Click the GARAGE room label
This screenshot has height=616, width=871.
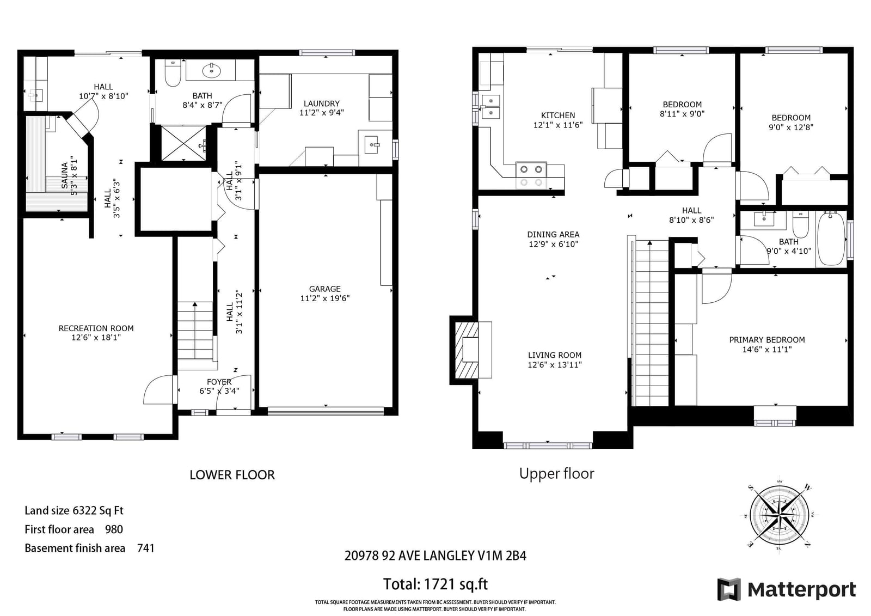pyautogui.click(x=324, y=289)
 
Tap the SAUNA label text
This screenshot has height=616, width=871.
pyautogui.click(x=65, y=175)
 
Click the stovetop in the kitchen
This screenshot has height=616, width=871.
pyautogui.click(x=531, y=175)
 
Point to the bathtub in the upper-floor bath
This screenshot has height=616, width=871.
pyautogui.click(x=831, y=239)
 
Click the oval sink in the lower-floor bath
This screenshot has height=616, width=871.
pyautogui.click(x=212, y=71)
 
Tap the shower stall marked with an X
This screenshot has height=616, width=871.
pyautogui.click(x=183, y=143)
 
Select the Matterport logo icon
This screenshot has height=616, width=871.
pyautogui.click(x=729, y=589)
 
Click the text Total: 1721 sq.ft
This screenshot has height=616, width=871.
pyautogui.click(x=435, y=584)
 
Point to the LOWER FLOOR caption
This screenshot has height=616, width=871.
pyautogui.click(x=232, y=475)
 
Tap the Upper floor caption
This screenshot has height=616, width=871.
pyautogui.click(x=556, y=474)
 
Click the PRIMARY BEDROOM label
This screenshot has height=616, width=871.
pyautogui.click(x=767, y=340)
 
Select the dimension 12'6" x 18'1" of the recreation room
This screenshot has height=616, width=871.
pyautogui.click(x=96, y=337)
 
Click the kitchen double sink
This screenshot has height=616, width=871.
pyautogui.click(x=490, y=107)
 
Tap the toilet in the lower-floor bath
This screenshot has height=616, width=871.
pyautogui.click(x=173, y=73)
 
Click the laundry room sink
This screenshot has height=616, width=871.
pyautogui.click(x=372, y=145)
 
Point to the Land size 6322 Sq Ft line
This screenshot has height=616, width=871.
pyautogui.click(x=74, y=510)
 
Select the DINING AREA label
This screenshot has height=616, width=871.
pyautogui.click(x=553, y=234)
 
